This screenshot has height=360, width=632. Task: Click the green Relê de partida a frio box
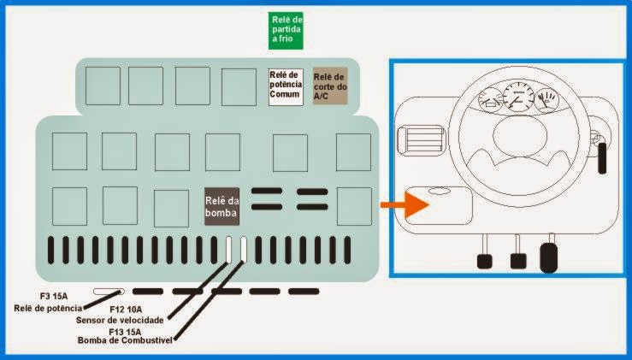click(286, 31)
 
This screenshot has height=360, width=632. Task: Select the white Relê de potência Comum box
click(286, 87)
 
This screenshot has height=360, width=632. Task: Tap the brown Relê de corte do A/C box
click(330, 86)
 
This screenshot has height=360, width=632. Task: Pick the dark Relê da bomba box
click(221, 206)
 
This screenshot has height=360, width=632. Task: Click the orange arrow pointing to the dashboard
click(405, 204)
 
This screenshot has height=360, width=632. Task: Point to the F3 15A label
click(54, 297)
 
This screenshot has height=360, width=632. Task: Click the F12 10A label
click(126, 310)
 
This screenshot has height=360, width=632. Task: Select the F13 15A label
click(125, 332)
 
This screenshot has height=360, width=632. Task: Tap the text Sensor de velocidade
click(120, 320)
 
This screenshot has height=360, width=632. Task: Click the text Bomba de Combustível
click(125, 340)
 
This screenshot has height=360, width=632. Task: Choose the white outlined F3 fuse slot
click(109, 291)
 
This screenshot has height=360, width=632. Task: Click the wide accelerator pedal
click(548, 257)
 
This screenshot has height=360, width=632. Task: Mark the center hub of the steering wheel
click(520, 136)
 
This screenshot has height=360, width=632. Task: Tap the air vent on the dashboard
click(421, 139)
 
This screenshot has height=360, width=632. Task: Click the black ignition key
click(602, 158)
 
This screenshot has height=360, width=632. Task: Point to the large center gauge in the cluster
click(518, 97)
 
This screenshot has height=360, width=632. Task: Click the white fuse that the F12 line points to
click(228, 250)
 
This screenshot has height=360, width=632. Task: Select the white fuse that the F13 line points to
click(244, 250)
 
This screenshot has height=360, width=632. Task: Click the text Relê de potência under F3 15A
click(48, 309)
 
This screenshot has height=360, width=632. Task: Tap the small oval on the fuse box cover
click(440, 191)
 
